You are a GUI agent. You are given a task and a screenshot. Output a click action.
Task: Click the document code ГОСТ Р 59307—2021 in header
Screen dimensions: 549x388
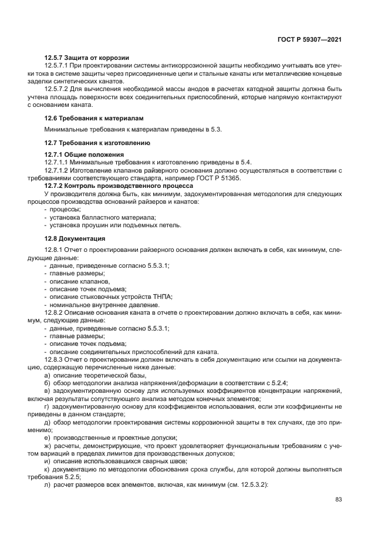tap(309, 39)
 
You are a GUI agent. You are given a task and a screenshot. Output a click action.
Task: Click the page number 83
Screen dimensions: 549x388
tap(338, 499)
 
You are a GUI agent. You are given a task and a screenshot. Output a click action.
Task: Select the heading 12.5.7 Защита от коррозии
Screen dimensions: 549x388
tap(86, 58)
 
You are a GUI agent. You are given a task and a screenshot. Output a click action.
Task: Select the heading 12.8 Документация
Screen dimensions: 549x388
tap(75, 238)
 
